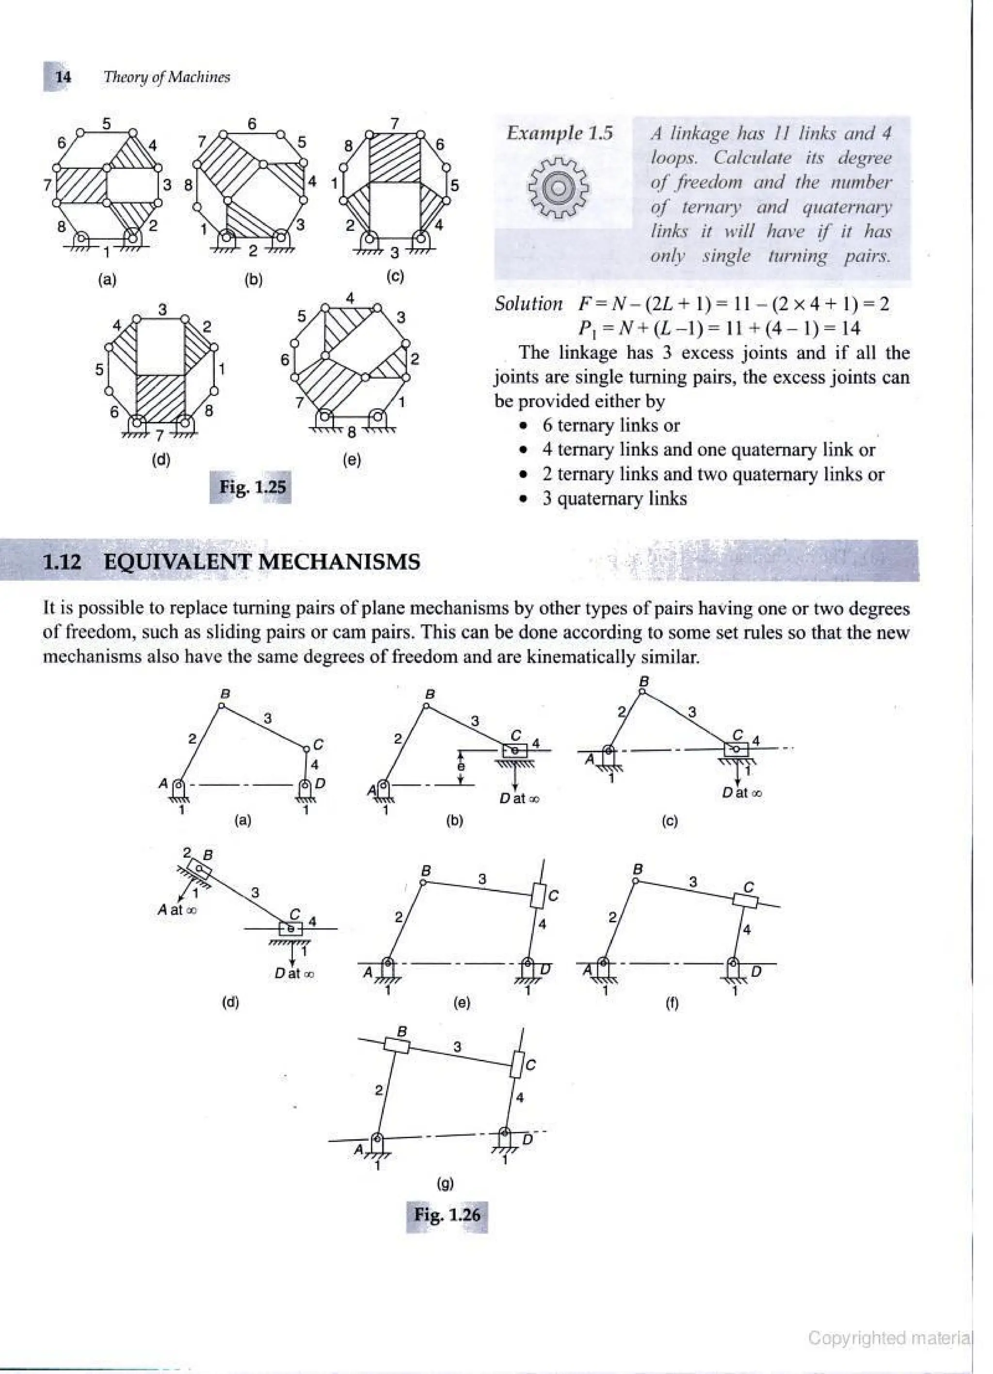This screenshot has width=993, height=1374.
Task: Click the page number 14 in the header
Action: click(x=63, y=77)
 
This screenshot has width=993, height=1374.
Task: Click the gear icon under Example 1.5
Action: click(x=558, y=189)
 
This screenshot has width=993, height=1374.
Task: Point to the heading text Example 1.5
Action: click(x=559, y=133)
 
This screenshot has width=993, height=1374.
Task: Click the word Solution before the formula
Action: click(x=529, y=304)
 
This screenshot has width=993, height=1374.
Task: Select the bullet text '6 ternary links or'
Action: click(x=611, y=425)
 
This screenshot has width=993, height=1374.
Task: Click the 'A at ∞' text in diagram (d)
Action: click(x=177, y=910)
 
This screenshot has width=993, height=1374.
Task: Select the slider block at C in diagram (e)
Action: click(x=538, y=895)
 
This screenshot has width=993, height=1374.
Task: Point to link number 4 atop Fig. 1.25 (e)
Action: click(x=350, y=298)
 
